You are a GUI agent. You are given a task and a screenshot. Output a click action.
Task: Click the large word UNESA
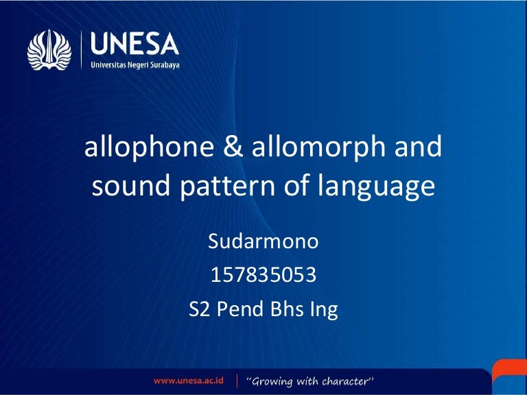pos(134,45)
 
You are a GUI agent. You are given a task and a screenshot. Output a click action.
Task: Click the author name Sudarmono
pos(263,243)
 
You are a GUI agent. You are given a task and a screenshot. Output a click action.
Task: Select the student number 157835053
pos(263,276)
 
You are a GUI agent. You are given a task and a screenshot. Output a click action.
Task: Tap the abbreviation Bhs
pos(287,309)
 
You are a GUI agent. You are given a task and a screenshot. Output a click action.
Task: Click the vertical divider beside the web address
pos(236,380)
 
